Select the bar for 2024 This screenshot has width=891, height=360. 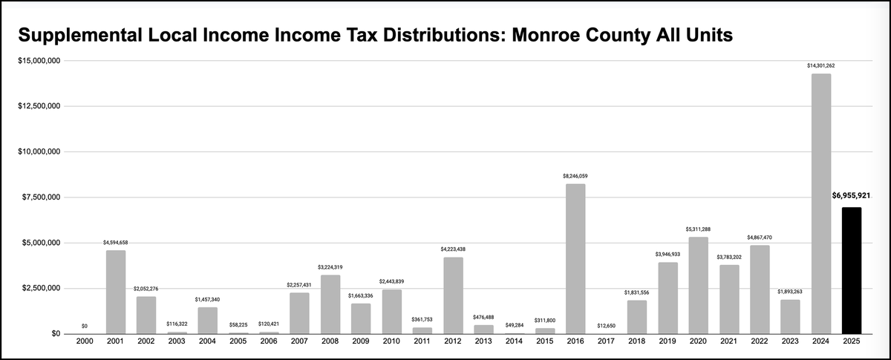(x=820, y=203)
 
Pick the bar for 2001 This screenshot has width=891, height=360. (x=116, y=292)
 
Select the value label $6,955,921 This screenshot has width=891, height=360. (x=851, y=195)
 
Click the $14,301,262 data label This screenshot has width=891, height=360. (x=820, y=66)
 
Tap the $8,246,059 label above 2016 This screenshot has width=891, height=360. (x=575, y=176)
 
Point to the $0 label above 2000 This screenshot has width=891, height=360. (x=85, y=326)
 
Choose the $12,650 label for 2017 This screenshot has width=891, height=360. (x=606, y=326)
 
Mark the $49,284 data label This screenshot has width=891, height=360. (x=514, y=325)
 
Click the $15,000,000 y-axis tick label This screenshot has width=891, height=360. (x=39, y=60)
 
